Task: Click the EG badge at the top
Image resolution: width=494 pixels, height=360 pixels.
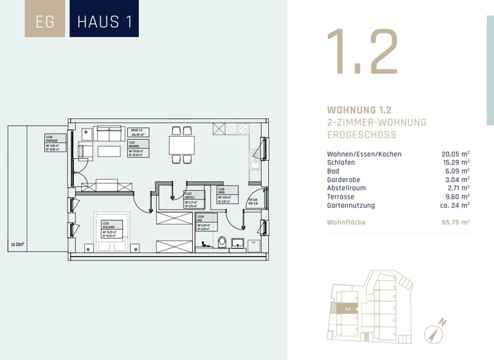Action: tap(45, 21)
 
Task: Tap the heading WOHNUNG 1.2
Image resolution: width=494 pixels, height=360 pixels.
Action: tap(360, 110)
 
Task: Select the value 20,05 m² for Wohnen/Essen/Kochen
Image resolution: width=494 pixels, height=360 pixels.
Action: tap(455, 154)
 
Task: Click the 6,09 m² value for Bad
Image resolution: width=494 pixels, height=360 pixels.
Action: tap(456, 172)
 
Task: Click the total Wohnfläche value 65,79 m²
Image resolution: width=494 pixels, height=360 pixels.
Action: tap(454, 222)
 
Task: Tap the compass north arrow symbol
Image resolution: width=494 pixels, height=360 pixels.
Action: tap(433, 334)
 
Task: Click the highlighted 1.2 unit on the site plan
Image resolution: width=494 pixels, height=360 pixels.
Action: tap(347, 309)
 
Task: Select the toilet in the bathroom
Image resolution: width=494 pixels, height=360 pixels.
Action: tap(222, 242)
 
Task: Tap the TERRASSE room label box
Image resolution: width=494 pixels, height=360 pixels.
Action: tap(53, 143)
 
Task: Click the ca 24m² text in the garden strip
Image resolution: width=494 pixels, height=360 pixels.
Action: tap(17, 244)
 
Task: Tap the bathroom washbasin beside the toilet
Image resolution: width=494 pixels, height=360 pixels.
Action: tap(237, 242)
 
